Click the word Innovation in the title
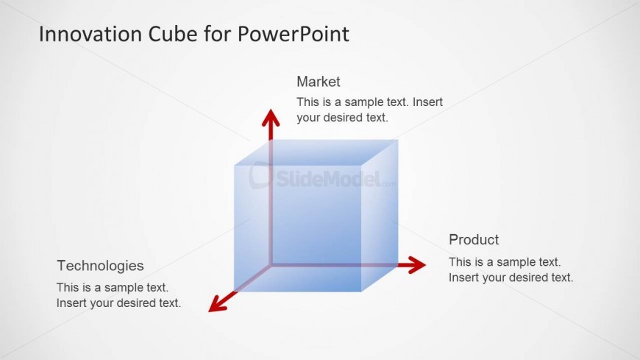click(x=90, y=34)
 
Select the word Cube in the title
click(x=173, y=34)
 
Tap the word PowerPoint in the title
click(x=293, y=35)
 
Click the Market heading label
click(x=319, y=82)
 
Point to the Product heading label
click(x=474, y=239)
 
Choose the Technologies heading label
click(x=100, y=266)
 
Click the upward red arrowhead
click(x=271, y=118)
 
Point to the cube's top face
click(x=316, y=152)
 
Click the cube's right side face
click(x=380, y=216)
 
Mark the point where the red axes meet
click(x=271, y=265)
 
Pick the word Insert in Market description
click(x=427, y=102)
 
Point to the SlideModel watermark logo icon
click(x=260, y=175)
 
